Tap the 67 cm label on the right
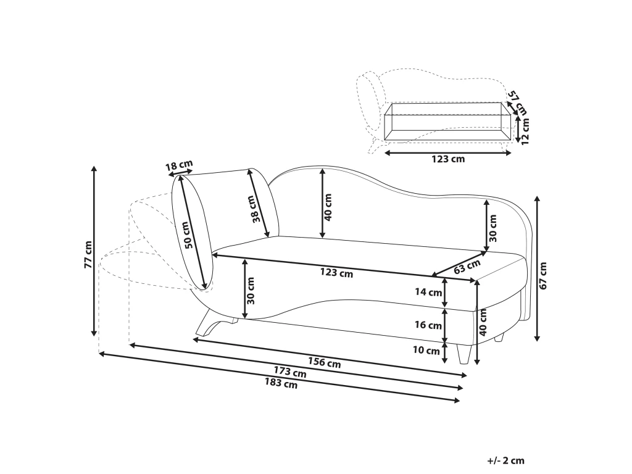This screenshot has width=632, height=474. [x=543, y=275]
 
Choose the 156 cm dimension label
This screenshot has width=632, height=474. [x=325, y=362]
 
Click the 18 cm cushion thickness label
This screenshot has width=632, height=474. [x=180, y=165]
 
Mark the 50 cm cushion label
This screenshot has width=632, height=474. [x=188, y=236]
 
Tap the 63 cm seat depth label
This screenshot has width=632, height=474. [x=467, y=267]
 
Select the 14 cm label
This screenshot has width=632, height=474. [x=428, y=292]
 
